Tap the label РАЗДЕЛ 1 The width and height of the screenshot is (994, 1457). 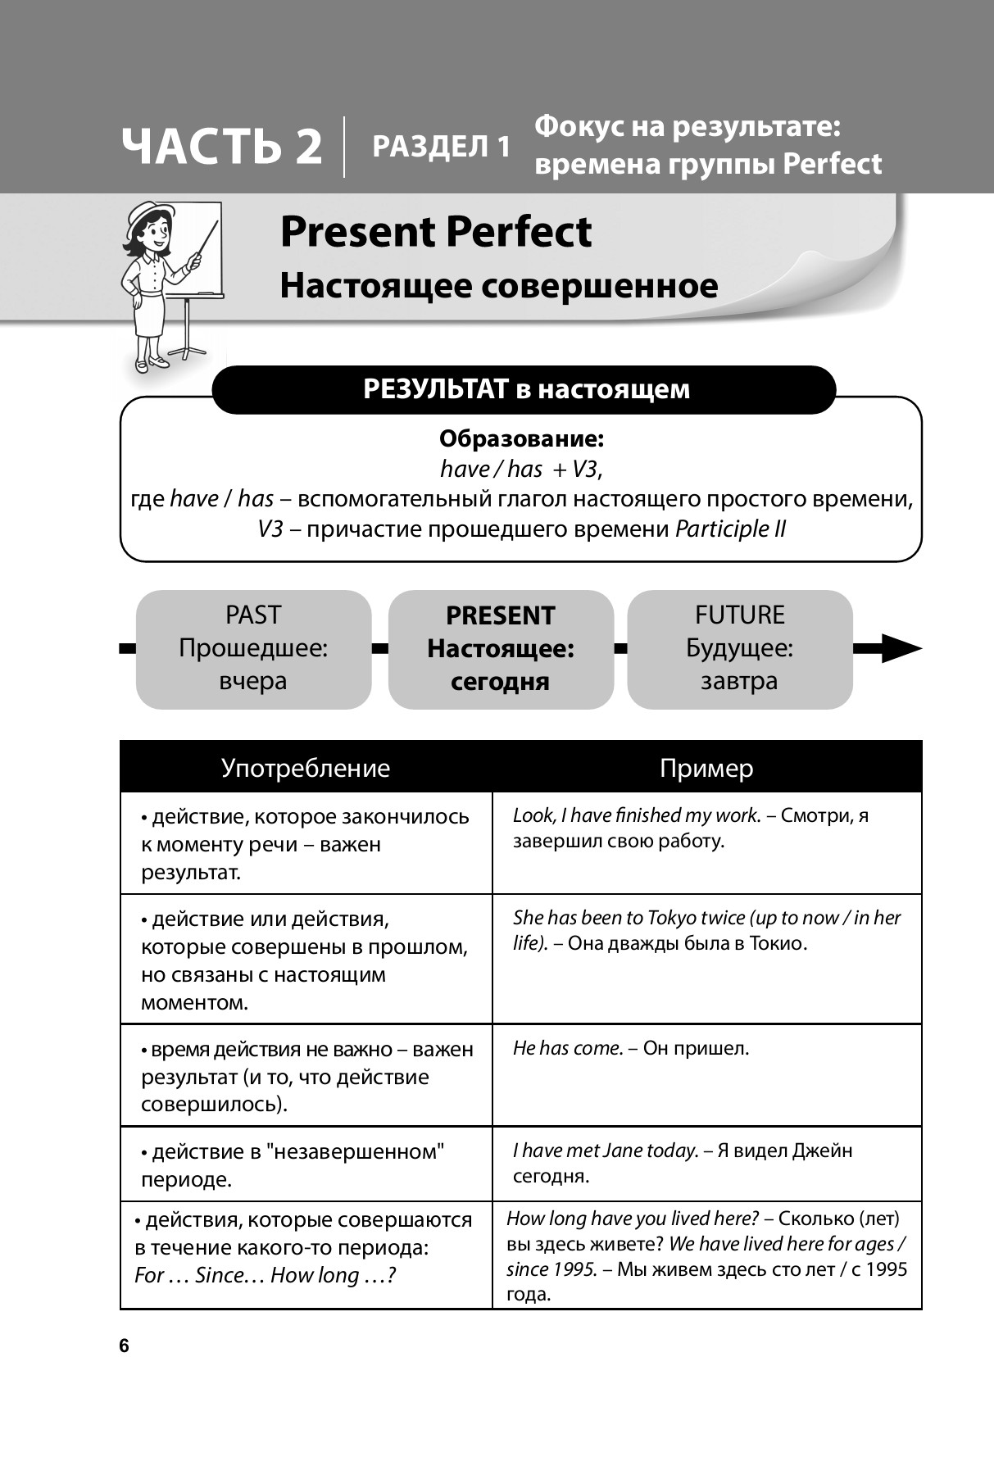click(x=441, y=147)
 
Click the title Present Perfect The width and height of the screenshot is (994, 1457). click(x=435, y=232)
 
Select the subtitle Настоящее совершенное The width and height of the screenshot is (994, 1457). click(x=498, y=286)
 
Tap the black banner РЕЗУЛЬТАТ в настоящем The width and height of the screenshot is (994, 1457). click(x=524, y=389)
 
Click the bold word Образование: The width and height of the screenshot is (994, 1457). click(x=521, y=439)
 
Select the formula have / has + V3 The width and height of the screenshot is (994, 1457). click(x=521, y=469)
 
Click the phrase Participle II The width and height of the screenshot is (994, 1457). click(x=730, y=529)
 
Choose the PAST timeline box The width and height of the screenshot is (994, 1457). click(x=253, y=648)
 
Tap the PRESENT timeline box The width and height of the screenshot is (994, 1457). click(x=500, y=648)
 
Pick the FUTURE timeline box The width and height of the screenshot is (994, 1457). click(x=739, y=648)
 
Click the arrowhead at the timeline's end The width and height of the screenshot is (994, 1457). click(x=901, y=648)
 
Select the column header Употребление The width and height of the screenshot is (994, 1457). click(x=306, y=768)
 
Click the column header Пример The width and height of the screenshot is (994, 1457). click(x=706, y=768)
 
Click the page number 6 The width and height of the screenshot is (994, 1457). click(x=125, y=1346)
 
